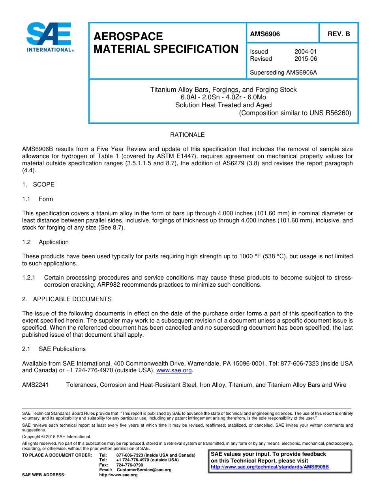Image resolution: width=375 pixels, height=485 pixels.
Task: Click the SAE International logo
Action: pos(49,37)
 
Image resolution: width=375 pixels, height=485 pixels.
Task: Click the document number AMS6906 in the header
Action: pos(265,34)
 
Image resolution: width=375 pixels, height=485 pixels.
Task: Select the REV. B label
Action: pos(339,34)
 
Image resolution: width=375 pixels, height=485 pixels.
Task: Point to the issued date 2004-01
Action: pos(306,52)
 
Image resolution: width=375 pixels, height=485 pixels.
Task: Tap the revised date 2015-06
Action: pos(306,59)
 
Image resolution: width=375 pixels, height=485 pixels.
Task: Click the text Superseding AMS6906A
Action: pos(284,73)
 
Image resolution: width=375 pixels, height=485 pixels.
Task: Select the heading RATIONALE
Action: pos(187,135)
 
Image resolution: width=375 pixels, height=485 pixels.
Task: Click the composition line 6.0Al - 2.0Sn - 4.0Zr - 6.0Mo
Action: pos(223,97)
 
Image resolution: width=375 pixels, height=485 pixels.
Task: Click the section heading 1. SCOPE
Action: pos(38,185)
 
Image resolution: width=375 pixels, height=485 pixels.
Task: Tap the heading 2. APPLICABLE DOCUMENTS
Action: pos(67,299)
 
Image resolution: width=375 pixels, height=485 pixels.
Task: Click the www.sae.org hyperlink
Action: pos(174,370)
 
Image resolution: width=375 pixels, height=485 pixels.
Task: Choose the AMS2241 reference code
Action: pos(35,385)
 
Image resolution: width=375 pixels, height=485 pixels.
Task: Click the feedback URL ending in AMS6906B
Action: pos(270,467)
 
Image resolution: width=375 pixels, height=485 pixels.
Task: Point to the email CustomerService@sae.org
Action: pos(144,470)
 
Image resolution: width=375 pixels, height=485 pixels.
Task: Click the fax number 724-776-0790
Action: pos(130,465)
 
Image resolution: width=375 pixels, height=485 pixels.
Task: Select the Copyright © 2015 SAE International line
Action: pos(56,436)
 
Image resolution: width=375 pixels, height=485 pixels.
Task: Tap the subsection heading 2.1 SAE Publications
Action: pos(54,349)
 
